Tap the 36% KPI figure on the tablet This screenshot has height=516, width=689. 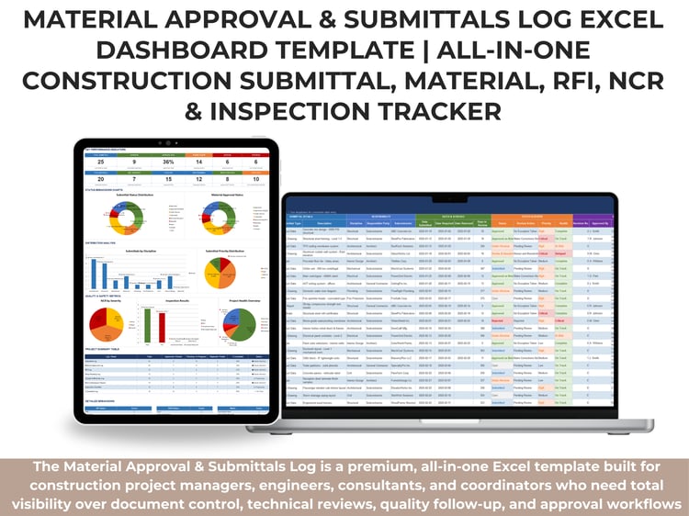[166, 162]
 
